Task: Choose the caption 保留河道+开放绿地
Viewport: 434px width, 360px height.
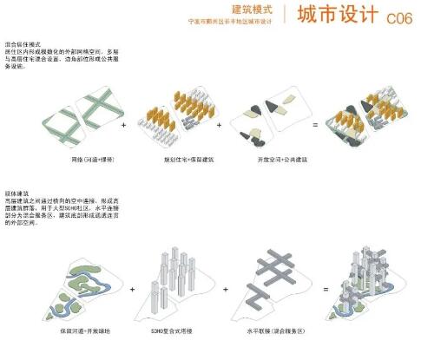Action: click(85, 331)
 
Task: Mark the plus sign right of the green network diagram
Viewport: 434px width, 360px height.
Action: click(124, 127)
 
